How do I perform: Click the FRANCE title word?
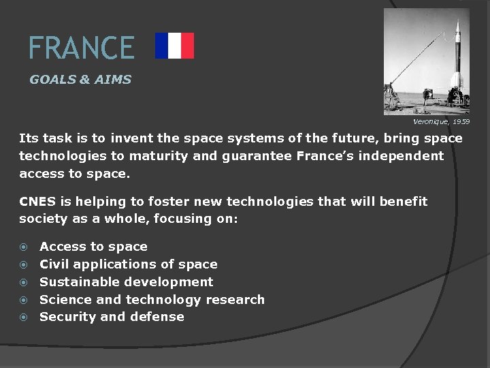click(x=81, y=48)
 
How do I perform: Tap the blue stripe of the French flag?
click(x=161, y=46)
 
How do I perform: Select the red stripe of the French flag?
click(x=187, y=46)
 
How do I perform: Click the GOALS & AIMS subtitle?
click(x=80, y=80)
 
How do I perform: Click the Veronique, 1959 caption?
click(x=441, y=122)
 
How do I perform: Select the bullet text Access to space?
click(x=93, y=247)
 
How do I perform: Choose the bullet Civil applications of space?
click(x=129, y=264)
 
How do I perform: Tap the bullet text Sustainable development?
click(x=126, y=282)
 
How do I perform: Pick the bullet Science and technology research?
click(x=152, y=300)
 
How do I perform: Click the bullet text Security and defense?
click(x=112, y=317)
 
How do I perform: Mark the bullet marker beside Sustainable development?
click(x=24, y=282)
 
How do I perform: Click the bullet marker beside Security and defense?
click(x=24, y=318)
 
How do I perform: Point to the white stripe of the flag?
click(x=174, y=46)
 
